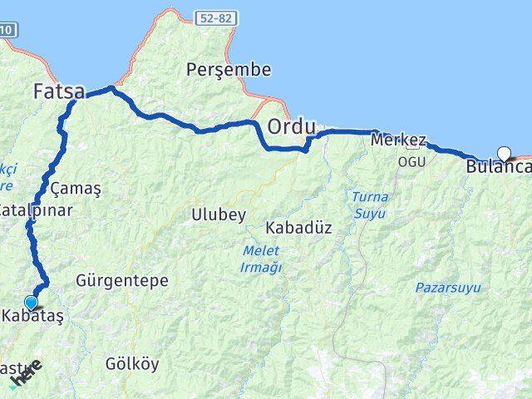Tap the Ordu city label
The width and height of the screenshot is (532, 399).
pyautogui.click(x=291, y=127)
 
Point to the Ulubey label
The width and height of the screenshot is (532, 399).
pyautogui.click(x=219, y=214)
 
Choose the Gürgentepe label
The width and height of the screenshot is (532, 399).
pyautogui.click(x=122, y=280)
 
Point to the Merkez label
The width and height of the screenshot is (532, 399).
pyautogui.click(x=399, y=140)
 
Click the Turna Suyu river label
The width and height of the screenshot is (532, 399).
pyautogui.click(x=368, y=205)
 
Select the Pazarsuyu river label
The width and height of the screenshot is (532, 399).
pyautogui.click(x=446, y=288)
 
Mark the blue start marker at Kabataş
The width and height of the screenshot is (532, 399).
pyautogui.click(x=32, y=303)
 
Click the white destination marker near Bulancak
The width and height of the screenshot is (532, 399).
pyautogui.click(x=503, y=152)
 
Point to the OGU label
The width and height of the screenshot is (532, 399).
pyautogui.click(x=411, y=160)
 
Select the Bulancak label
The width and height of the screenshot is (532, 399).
pyautogui.click(x=499, y=166)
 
